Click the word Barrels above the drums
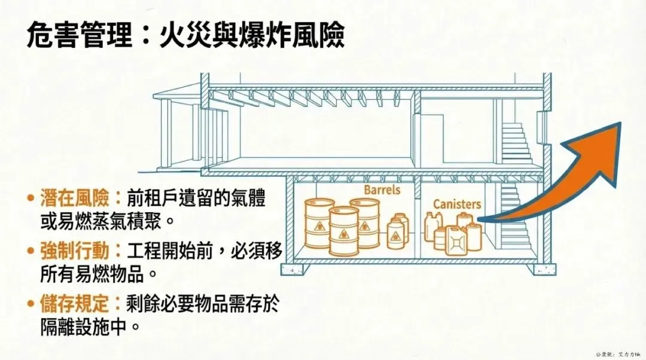[x=382, y=190]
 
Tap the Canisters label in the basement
[x=457, y=204]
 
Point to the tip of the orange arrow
[x=619, y=126]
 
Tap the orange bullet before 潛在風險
[x=30, y=198]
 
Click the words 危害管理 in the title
[x=78, y=37]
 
